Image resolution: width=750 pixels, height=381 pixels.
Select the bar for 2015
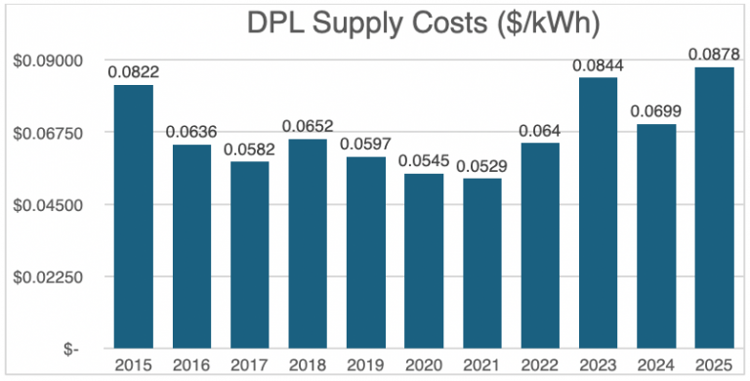[x=134, y=216]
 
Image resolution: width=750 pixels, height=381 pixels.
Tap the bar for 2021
[x=481, y=263]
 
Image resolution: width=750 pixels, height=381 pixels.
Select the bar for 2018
[x=308, y=243]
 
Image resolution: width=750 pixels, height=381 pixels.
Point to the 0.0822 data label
[x=134, y=71]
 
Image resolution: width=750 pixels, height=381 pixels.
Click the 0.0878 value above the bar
[x=714, y=53]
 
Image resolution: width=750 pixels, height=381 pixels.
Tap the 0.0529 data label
[x=481, y=164]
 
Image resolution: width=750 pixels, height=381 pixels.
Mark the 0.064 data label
[x=540, y=129]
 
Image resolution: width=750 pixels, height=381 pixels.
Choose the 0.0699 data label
[x=656, y=109]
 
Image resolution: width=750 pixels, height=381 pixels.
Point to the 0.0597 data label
[x=365, y=143]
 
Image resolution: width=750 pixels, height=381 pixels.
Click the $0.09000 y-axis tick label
[x=47, y=61]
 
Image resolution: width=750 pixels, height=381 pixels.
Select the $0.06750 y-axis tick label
[x=47, y=133]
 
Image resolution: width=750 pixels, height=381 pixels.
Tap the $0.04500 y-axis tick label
[x=47, y=205]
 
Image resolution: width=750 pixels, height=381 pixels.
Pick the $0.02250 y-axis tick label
[x=47, y=276]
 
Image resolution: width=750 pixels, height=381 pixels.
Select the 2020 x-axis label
[x=424, y=365]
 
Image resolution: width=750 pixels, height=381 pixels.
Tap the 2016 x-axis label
[x=191, y=365]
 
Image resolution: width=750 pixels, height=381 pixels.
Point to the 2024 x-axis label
[x=656, y=365]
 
